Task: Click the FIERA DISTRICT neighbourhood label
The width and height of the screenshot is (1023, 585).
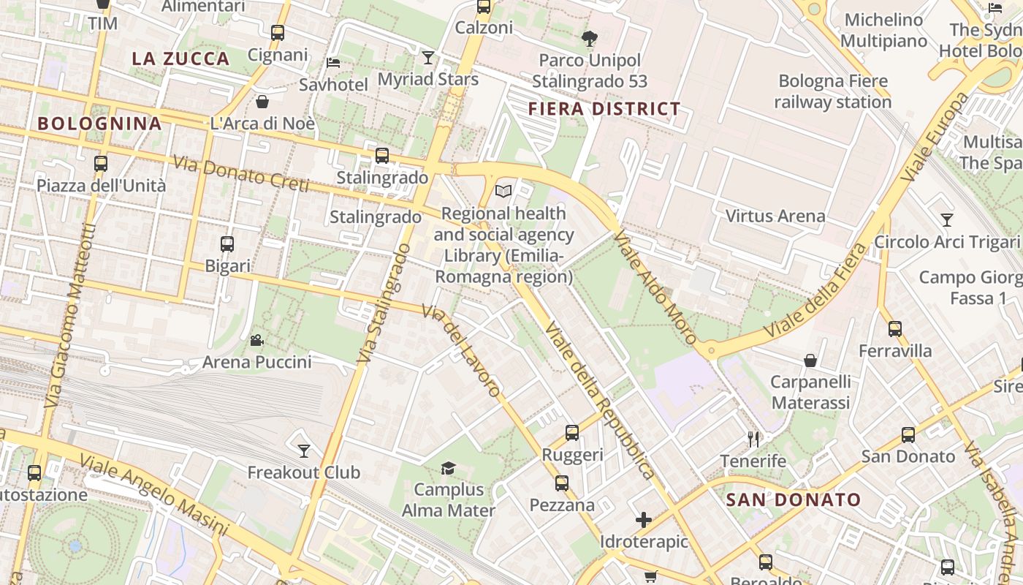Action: (x=604, y=110)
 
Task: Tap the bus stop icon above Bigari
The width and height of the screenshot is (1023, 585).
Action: (x=227, y=244)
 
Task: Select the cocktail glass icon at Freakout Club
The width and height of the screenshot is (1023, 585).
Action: (x=304, y=450)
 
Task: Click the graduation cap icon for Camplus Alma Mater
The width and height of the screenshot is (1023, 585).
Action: (x=448, y=468)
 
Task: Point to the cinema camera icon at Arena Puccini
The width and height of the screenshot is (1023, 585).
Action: (x=256, y=340)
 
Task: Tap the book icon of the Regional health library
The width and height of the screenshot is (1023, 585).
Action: (x=503, y=192)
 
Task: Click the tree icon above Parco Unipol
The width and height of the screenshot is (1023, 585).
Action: (x=589, y=39)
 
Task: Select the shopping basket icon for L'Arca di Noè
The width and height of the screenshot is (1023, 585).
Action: (x=262, y=102)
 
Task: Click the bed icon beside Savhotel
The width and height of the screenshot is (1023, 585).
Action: (x=333, y=63)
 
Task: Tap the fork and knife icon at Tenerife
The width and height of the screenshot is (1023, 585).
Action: (x=753, y=439)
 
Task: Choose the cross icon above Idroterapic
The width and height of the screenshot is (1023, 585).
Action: (x=644, y=520)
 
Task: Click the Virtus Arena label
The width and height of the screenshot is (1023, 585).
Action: (x=775, y=216)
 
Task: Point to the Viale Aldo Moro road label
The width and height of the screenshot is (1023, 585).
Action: (x=655, y=287)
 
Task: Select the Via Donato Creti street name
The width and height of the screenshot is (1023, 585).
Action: (x=242, y=174)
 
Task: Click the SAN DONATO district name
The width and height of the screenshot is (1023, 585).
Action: (x=794, y=500)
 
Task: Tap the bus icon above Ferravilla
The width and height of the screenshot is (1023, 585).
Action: (x=895, y=329)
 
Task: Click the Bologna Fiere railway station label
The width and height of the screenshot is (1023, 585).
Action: (x=833, y=91)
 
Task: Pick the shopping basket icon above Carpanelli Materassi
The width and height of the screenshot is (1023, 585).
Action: (x=810, y=360)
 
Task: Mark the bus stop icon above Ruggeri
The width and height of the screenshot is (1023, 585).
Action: (x=572, y=433)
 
